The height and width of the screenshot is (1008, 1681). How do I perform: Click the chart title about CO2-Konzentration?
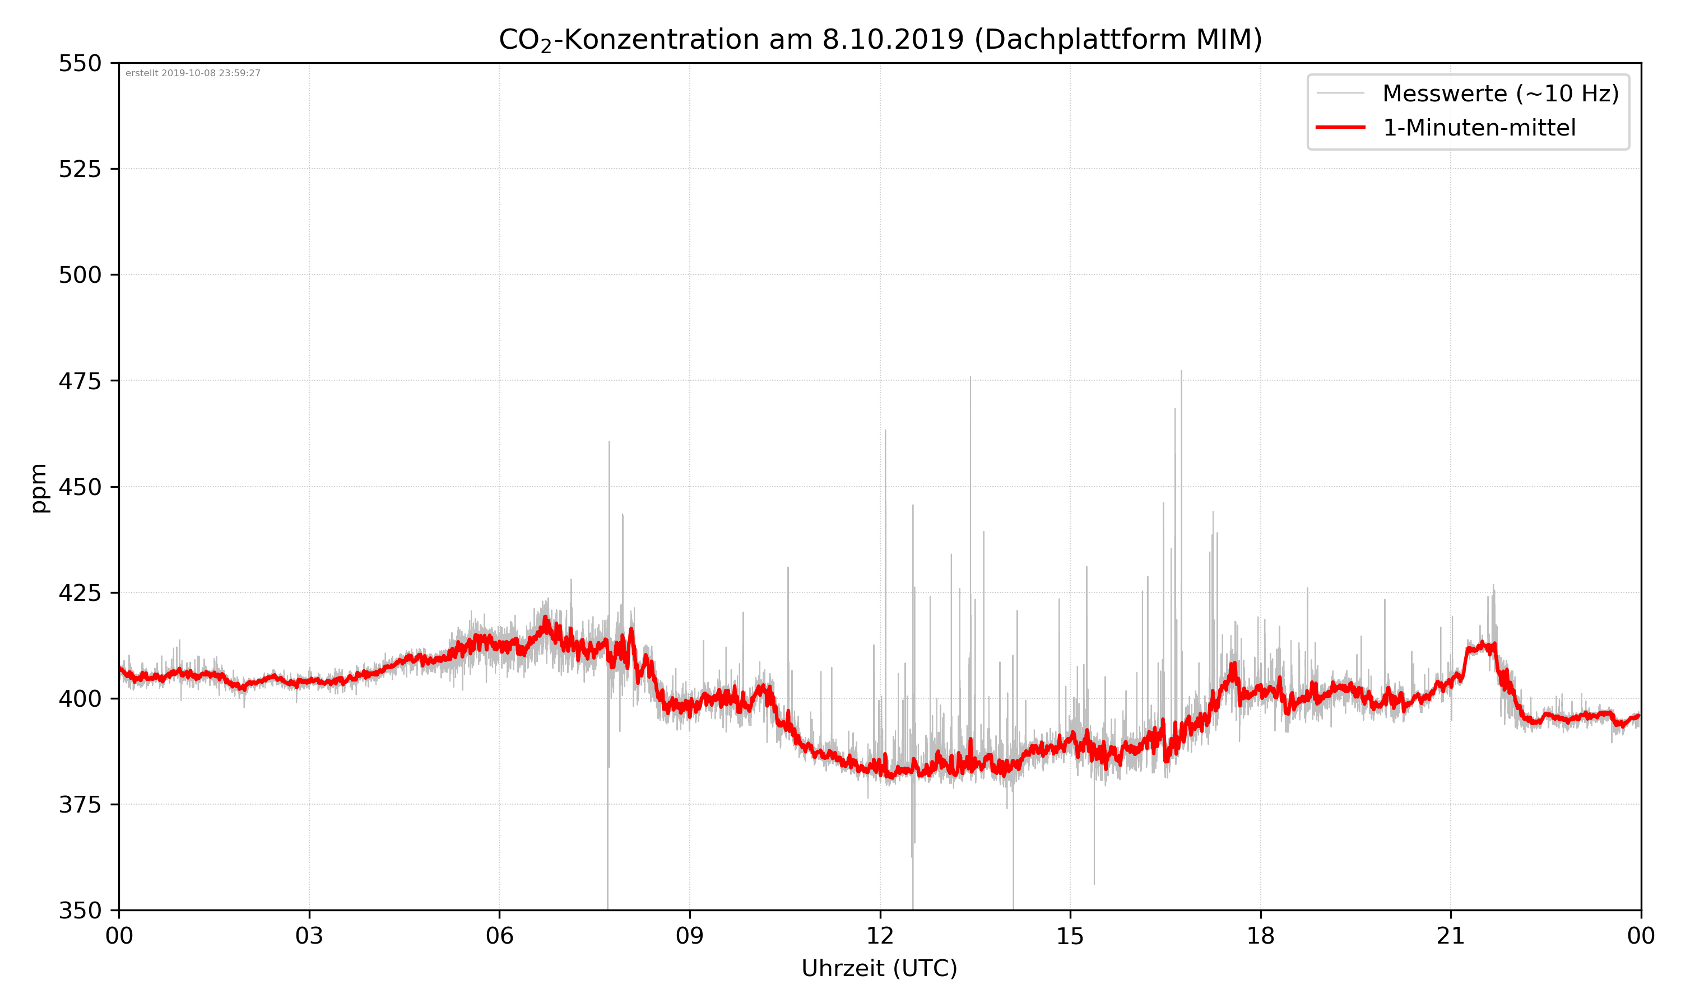(880, 39)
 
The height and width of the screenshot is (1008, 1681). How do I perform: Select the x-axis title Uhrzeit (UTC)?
(879, 968)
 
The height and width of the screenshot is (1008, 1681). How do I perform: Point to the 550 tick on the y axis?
(80, 63)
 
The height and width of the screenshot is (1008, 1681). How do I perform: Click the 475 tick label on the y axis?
(80, 381)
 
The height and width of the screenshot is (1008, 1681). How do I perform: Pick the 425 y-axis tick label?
(80, 593)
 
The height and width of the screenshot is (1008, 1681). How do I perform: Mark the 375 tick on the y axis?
(80, 805)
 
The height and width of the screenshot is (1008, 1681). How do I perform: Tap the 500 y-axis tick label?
(80, 275)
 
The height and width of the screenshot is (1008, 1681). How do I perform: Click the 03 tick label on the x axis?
(309, 936)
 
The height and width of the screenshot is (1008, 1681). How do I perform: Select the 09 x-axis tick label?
(690, 936)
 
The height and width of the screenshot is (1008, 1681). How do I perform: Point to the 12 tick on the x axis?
(880, 936)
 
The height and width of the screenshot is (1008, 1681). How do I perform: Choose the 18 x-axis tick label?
(1260, 936)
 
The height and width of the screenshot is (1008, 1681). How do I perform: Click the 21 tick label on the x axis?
(1451, 936)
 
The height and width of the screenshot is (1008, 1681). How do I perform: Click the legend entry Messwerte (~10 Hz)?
(1500, 94)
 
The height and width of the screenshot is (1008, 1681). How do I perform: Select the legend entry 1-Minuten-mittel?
(1479, 128)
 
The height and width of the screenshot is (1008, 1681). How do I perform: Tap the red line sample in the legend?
(1340, 127)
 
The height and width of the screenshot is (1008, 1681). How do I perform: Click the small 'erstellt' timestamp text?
(193, 73)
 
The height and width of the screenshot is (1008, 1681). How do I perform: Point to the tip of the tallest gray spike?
(1181, 371)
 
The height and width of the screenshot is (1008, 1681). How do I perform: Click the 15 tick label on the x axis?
(1070, 936)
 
